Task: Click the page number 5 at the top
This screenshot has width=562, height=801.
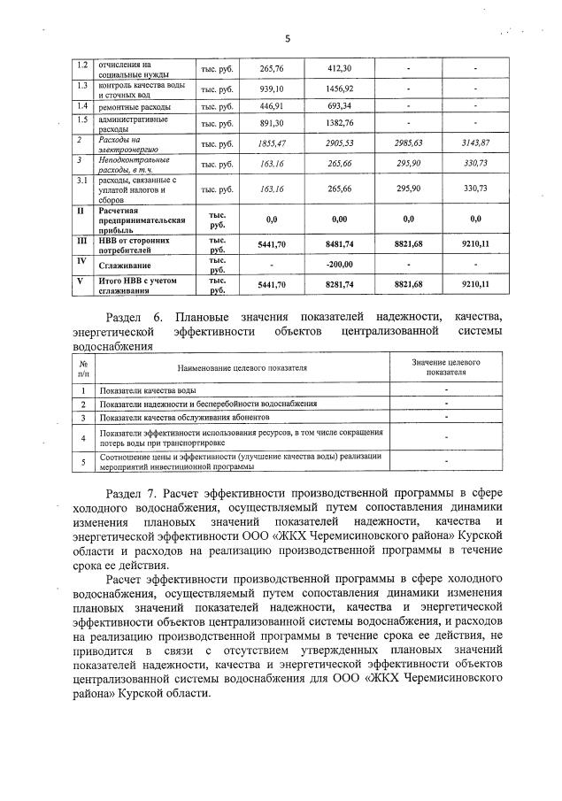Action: tap(288, 38)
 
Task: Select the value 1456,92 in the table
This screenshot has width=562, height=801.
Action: tap(340, 89)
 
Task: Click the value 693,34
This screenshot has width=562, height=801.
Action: tap(340, 106)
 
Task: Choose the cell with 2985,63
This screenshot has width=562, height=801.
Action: tap(408, 143)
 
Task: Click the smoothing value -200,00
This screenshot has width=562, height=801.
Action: tap(340, 265)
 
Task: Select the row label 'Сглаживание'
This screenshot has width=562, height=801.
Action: tap(125, 266)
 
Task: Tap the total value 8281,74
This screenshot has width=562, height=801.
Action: tap(340, 284)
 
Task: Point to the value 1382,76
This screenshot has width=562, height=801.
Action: tap(340, 123)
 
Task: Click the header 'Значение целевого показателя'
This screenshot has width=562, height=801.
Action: tap(446, 367)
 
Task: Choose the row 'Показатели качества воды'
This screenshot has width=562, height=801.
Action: tap(148, 390)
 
